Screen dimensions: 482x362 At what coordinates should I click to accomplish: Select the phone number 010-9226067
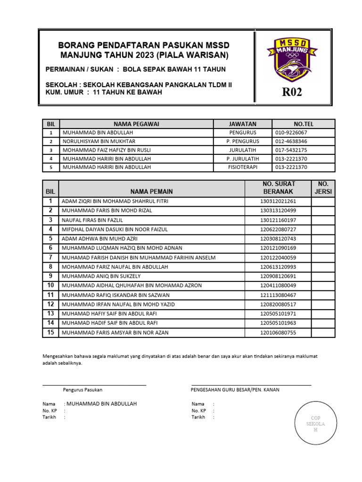click(291, 133)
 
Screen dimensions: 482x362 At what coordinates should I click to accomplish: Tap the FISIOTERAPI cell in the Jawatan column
click(242, 167)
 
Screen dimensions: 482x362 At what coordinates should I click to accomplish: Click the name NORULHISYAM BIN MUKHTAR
click(99, 141)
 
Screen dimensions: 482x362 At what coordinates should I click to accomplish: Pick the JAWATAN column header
click(242, 124)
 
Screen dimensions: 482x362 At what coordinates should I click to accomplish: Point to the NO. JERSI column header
click(323, 188)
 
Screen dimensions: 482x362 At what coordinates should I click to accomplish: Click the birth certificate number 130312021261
click(278, 201)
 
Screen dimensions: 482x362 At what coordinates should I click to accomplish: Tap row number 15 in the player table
click(50, 332)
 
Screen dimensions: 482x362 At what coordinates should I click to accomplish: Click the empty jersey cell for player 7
click(323, 257)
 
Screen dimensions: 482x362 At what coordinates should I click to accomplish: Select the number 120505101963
click(278, 323)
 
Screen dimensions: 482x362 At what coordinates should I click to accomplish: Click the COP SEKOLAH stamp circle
click(316, 424)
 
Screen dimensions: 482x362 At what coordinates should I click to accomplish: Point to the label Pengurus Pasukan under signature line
click(82, 390)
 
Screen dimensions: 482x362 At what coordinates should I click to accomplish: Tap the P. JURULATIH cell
click(242, 159)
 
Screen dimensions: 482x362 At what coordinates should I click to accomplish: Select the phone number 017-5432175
click(291, 150)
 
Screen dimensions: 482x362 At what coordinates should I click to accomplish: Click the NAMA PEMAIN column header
click(151, 192)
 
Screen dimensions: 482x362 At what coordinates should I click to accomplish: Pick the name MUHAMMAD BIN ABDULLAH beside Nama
click(101, 404)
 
